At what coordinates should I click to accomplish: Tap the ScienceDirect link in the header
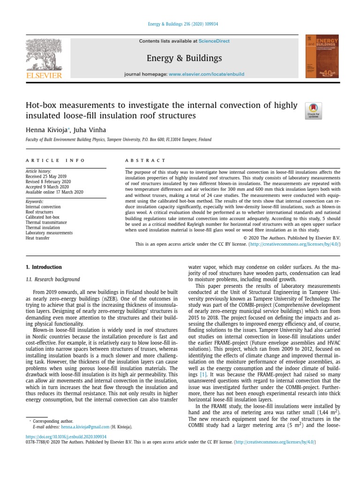tap(214, 41)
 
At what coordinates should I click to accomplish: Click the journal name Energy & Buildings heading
tap(184, 58)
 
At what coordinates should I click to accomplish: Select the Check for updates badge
tap(313, 111)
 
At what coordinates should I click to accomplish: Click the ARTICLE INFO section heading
tap(55, 160)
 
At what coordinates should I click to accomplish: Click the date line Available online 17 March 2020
tap(54, 192)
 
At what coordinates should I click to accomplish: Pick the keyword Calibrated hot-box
tap(42, 217)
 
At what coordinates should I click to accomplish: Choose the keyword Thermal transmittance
tap(46, 222)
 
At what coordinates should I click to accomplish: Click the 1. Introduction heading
tap(44, 267)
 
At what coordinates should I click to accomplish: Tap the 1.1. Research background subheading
tap(52, 279)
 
